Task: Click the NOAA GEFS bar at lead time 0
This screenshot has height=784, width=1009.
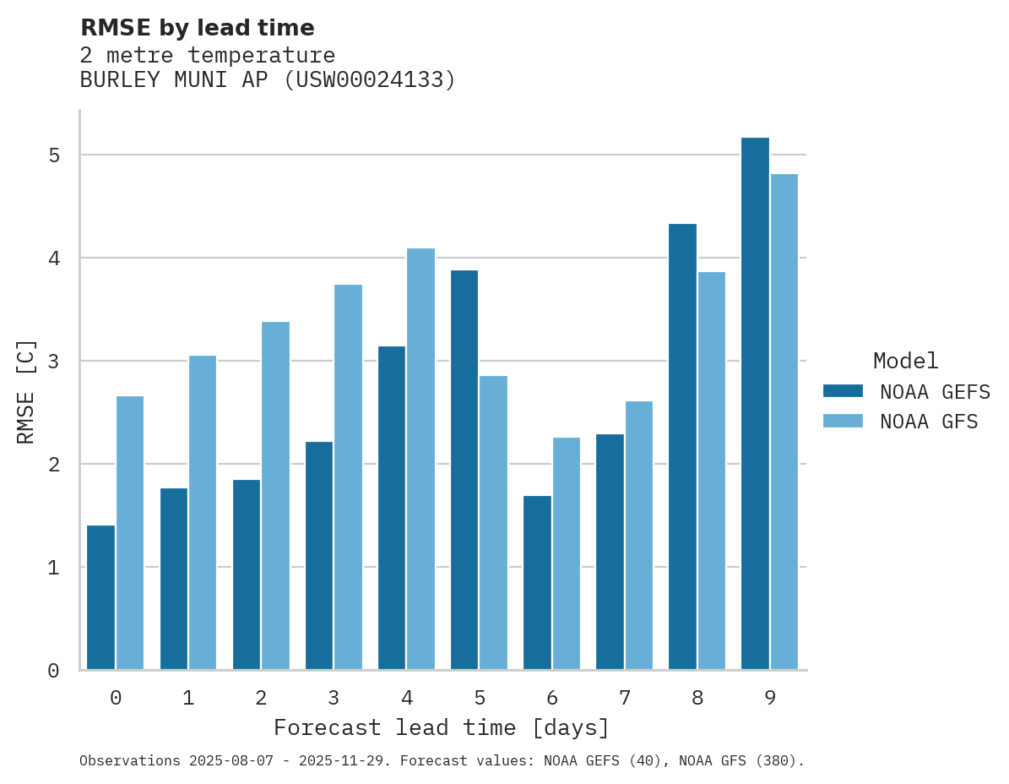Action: [x=100, y=597]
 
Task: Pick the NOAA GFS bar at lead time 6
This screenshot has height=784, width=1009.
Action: [x=566, y=553]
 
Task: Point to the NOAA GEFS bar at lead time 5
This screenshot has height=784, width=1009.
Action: [x=464, y=470]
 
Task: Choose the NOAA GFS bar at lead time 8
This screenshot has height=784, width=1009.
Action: [x=711, y=471]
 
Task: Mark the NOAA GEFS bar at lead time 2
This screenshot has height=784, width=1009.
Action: [x=247, y=574]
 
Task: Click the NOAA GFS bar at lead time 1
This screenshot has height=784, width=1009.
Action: [x=203, y=513]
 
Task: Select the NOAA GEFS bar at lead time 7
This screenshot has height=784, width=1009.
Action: [x=610, y=552]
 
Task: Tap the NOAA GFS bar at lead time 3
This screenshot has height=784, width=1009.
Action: [x=348, y=477]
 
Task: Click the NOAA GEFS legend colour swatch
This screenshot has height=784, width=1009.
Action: [x=843, y=391]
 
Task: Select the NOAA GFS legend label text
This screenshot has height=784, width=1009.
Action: [x=929, y=422]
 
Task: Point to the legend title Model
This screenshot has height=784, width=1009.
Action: [x=905, y=362]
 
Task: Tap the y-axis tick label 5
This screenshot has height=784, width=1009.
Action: [x=54, y=155]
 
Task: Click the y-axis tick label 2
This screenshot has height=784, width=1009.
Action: [x=54, y=465]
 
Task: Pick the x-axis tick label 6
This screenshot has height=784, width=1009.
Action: [x=552, y=699]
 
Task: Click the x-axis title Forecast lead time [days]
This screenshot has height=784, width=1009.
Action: [x=441, y=727]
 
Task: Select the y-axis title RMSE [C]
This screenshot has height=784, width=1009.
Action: [x=27, y=391]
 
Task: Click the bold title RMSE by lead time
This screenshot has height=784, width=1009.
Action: [x=198, y=28]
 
